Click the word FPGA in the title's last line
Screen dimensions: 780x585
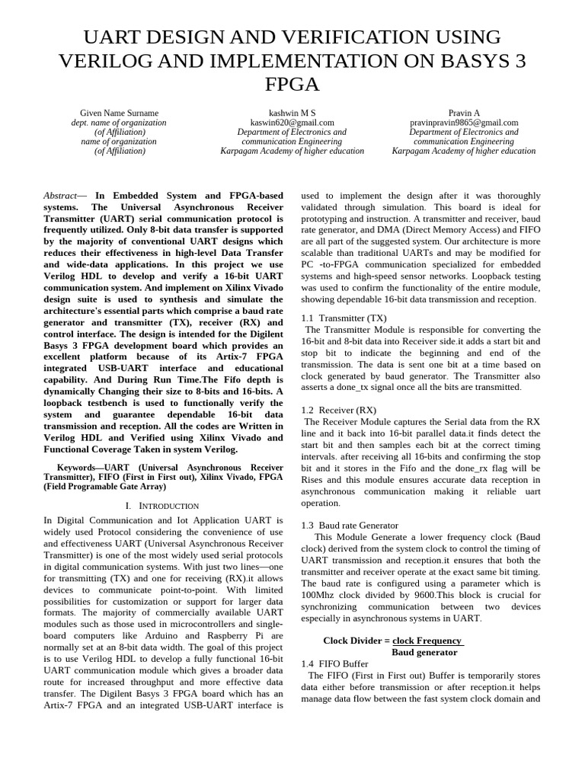292,84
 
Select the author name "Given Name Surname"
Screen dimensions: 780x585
119,113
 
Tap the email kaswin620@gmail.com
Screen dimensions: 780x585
292,123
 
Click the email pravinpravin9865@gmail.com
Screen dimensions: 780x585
463,123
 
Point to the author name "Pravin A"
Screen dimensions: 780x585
463,113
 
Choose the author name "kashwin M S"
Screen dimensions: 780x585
292,113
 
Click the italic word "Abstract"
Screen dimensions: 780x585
60,196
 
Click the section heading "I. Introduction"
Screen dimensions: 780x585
162,506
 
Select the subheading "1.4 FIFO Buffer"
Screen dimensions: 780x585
335,664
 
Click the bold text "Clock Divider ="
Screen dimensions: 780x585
356,641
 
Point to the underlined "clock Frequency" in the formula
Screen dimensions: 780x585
427,641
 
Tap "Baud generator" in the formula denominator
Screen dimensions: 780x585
424,653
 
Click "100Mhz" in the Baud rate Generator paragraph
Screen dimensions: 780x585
322,595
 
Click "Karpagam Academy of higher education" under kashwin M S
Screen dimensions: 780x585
292,151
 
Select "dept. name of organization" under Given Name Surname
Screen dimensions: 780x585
119,123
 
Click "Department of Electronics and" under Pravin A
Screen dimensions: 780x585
463,132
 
